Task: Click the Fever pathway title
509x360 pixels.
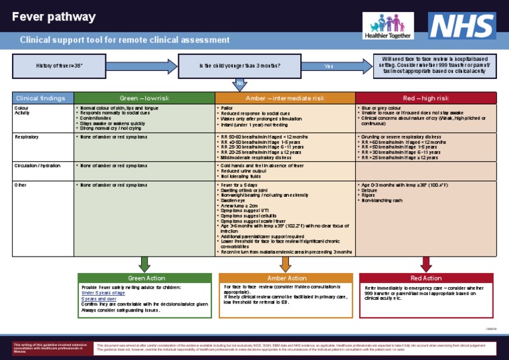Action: click(x=54, y=17)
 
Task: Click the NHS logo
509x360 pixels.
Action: click(x=461, y=26)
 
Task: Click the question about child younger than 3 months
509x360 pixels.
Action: click(x=239, y=66)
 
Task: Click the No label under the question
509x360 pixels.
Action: click(x=240, y=82)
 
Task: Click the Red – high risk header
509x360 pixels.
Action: click(x=426, y=98)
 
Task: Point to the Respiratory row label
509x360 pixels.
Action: click(x=26, y=137)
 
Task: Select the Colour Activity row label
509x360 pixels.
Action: click(x=23, y=110)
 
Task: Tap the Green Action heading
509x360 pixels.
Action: click(x=146, y=278)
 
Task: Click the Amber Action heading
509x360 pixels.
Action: click(x=286, y=278)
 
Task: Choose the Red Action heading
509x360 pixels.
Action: click(x=426, y=278)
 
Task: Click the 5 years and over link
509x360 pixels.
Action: click(x=100, y=298)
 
